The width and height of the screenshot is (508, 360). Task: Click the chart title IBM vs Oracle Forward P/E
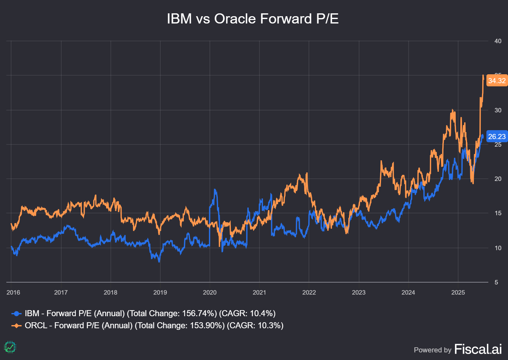[253, 19]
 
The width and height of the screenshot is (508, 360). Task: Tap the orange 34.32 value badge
[497, 81]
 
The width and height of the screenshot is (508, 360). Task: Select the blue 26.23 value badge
[497, 137]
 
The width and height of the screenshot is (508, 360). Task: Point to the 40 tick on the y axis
[498, 41]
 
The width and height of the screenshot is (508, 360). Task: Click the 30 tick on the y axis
[498, 110]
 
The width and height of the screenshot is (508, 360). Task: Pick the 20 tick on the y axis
[498, 179]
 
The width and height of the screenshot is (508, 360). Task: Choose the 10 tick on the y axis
[498, 248]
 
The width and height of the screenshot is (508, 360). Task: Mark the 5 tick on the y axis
[496, 282]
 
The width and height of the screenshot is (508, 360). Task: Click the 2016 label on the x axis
[13, 292]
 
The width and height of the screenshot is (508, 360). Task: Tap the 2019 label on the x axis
[160, 292]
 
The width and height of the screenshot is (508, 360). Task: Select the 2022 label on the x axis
[309, 292]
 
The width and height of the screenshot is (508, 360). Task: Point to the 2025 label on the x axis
[458, 292]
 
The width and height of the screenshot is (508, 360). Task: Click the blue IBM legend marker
[17, 314]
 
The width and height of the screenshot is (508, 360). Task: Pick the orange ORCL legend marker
[17, 326]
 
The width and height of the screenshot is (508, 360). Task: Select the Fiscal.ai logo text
[478, 349]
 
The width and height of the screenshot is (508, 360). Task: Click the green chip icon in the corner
[10, 347]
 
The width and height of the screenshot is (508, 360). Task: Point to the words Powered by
[432, 350]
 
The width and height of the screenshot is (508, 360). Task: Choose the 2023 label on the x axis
[358, 292]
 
